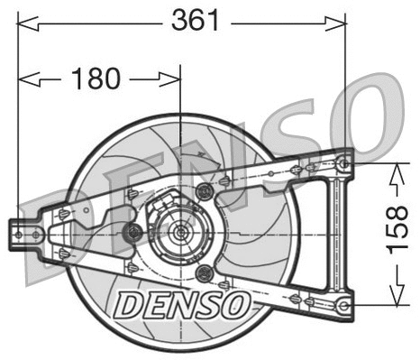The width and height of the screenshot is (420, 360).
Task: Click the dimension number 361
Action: click(194, 21)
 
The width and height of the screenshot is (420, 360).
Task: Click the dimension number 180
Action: click(95, 79)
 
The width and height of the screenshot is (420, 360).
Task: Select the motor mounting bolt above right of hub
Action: click(205, 190)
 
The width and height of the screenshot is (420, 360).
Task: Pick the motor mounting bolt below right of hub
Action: click(205, 273)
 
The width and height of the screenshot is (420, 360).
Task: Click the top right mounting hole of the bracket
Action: click(342, 162)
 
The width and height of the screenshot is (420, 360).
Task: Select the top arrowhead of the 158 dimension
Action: click(394, 169)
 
